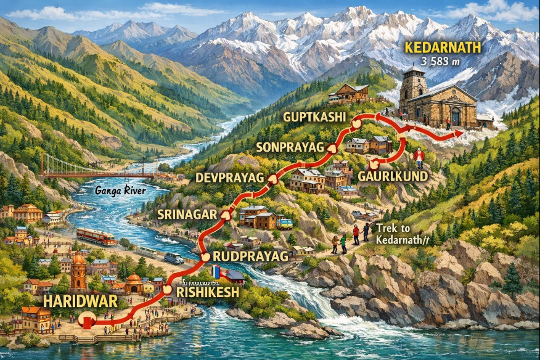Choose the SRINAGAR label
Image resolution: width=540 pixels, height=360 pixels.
pyautogui.click(x=187, y=214)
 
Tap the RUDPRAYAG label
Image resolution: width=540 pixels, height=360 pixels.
pyautogui.click(x=250, y=256)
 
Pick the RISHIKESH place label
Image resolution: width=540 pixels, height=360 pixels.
pyautogui.click(x=207, y=292)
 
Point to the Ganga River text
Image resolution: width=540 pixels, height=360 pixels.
pyautogui.click(x=120, y=191)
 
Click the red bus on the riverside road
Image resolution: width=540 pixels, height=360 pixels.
pyautogui.click(x=96, y=236)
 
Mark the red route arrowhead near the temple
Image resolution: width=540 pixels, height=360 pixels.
pyautogui.click(x=457, y=133)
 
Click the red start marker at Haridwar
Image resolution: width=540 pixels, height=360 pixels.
pyautogui.click(x=88, y=321)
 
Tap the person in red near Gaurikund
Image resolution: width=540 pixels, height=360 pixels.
pyautogui.click(x=419, y=158)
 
